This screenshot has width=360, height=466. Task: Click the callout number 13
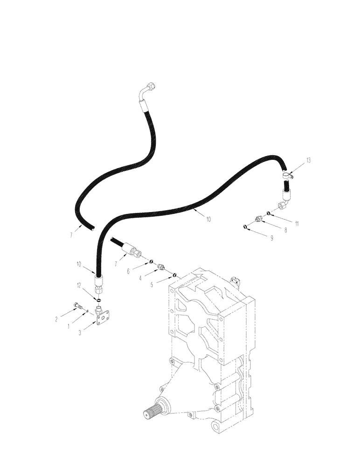point(308,160)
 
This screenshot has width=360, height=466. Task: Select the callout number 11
point(297,223)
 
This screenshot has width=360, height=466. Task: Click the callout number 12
point(79,284)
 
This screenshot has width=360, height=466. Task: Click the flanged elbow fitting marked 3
point(101,315)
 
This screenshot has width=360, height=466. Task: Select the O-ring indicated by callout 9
point(245,227)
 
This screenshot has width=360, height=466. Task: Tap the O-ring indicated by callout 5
point(174,275)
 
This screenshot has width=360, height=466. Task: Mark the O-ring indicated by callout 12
point(99,299)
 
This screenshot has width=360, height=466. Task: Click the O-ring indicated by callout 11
point(269,213)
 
